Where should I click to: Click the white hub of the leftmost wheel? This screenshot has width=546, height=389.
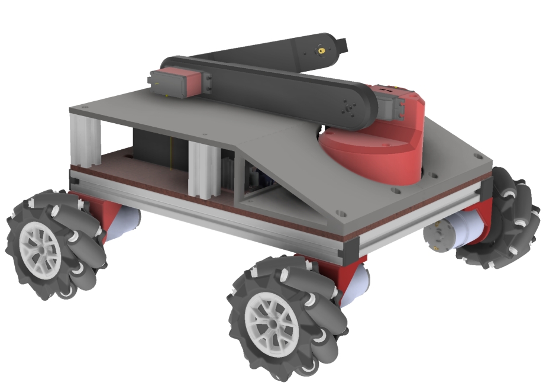[42, 249]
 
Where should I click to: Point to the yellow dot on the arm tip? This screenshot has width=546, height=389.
[321, 52]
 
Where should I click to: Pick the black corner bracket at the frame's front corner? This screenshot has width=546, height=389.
[345, 252]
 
